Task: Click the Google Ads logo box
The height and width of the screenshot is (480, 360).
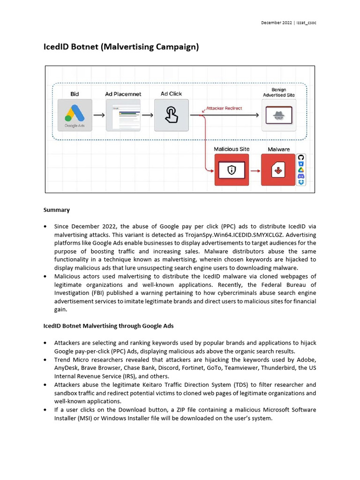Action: (x=75, y=115)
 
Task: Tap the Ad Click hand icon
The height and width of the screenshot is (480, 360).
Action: (x=171, y=115)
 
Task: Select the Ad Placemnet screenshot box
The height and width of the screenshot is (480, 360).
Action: (x=123, y=115)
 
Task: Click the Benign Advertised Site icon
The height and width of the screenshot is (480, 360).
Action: (x=278, y=115)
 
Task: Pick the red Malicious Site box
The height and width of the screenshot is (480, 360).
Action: (x=232, y=170)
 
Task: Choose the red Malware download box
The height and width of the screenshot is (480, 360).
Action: (x=278, y=170)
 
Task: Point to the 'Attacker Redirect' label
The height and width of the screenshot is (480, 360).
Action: (x=224, y=108)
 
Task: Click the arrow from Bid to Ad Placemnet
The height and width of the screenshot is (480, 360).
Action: (x=98, y=115)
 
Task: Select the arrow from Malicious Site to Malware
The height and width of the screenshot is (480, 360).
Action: (x=255, y=170)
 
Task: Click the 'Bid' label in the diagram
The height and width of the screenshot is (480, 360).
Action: (x=75, y=94)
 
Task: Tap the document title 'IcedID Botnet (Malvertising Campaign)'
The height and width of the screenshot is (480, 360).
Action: (x=121, y=47)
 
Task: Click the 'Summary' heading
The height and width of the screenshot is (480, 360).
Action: (x=57, y=210)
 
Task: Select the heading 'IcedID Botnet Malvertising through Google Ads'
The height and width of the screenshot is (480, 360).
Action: (x=109, y=326)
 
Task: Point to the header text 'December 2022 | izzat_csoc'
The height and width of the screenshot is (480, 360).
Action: (x=288, y=23)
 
